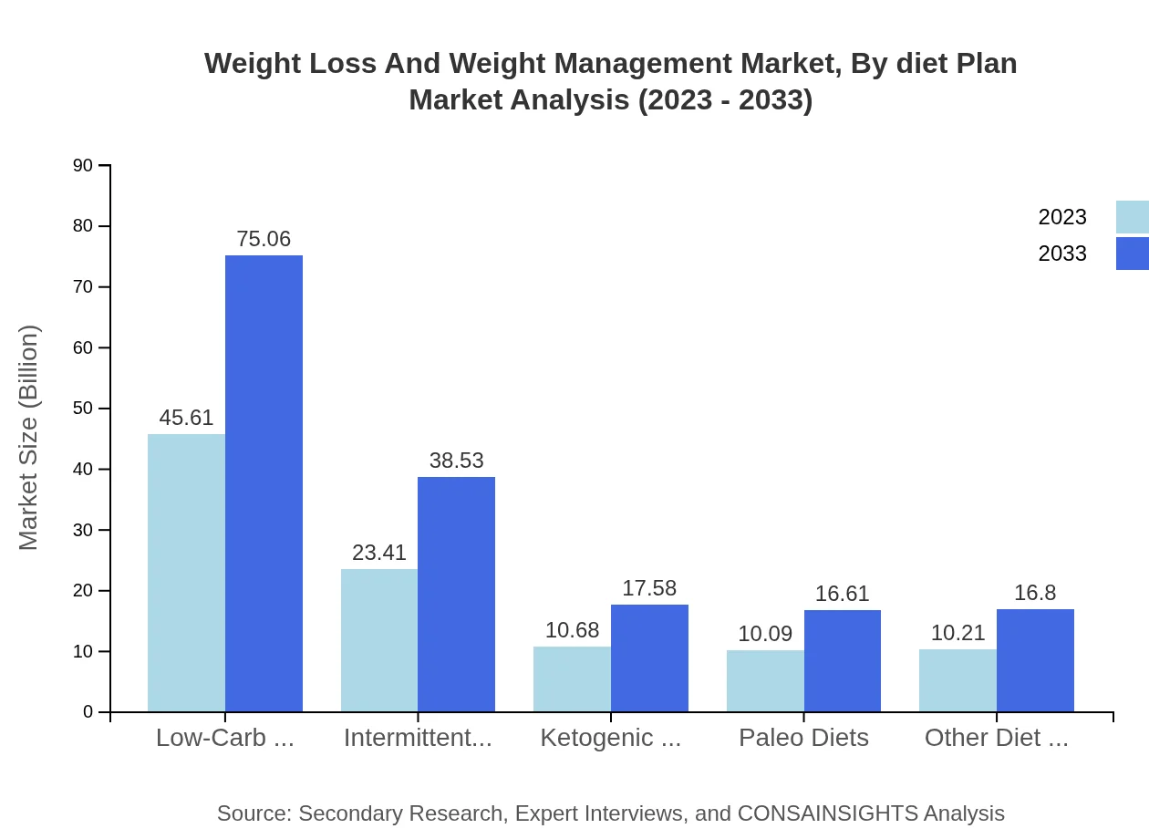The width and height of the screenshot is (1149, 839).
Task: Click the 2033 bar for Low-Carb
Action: (264, 483)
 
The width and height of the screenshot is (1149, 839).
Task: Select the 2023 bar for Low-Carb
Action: (186, 573)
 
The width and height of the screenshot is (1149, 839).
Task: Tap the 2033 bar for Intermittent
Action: (456, 594)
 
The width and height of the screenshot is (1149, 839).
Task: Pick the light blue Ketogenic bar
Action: (572, 679)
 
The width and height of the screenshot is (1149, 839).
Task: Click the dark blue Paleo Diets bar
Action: (843, 661)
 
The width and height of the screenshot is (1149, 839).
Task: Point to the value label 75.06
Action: (264, 239)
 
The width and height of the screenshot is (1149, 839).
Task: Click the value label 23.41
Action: (379, 553)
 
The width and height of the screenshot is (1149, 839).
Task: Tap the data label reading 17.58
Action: (649, 588)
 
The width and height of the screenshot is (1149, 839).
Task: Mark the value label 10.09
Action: (765, 634)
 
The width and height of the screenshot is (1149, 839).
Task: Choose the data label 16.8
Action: (1035, 593)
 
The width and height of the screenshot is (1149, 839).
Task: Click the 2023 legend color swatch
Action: (1133, 217)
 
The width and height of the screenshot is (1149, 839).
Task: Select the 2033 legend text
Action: (1062, 254)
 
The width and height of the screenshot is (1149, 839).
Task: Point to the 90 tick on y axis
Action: (83, 165)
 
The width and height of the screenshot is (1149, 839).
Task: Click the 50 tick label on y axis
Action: (83, 409)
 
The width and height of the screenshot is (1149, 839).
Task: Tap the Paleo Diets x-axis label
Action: (803, 737)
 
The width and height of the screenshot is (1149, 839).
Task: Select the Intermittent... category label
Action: (418, 737)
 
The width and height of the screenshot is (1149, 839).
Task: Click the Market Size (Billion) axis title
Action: (29, 438)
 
